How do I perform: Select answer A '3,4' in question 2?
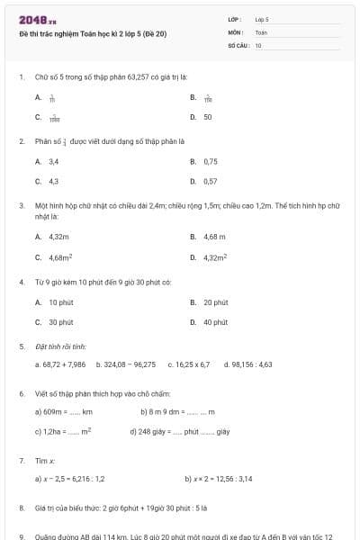53,161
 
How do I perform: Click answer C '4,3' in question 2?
53,181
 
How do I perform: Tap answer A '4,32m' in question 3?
59,237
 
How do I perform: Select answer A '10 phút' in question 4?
60,302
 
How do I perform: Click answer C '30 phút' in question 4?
60,321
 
